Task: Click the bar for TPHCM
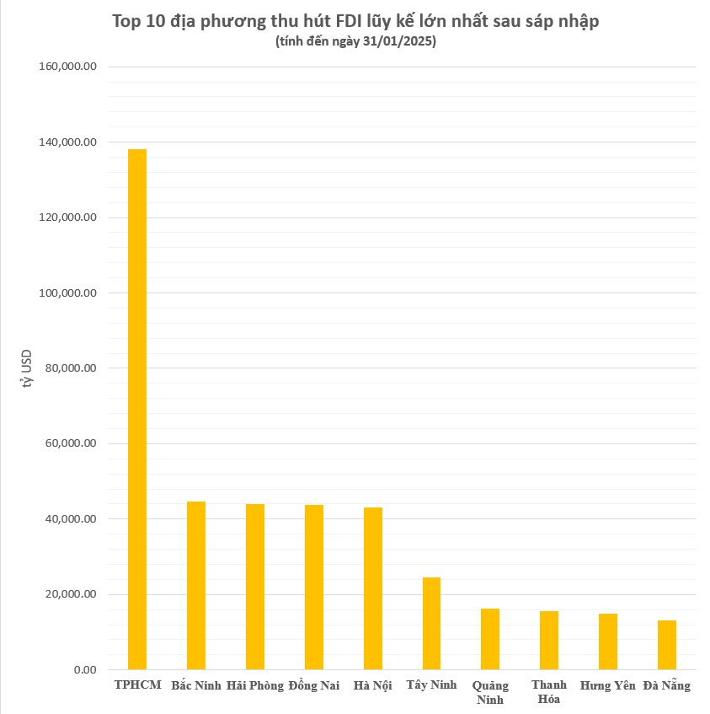(x=137, y=409)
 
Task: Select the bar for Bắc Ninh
(x=196, y=585)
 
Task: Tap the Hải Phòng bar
(x=255, y=587)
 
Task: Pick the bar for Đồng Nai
(x=314, y=587)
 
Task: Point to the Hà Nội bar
(x=373, y=588)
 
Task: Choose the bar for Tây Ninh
(x=431, y=623)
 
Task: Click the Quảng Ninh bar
(x=490, y=639)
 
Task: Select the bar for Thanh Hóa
(x=549, y=640)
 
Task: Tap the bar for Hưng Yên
(x=608, y=642)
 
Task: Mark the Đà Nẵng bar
(x=667, y=645)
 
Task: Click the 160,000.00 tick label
(x=69, y=67)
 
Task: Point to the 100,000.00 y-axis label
(x=69, y=293)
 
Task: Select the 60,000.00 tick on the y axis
(x=72, y=444)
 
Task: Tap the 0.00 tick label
(x=85, y=670)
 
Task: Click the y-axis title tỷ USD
(x=28, y=368)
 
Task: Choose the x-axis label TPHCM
(x=137, y=684)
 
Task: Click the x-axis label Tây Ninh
(x=431, y=684)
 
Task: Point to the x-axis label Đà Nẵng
(x=666, y=685)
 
